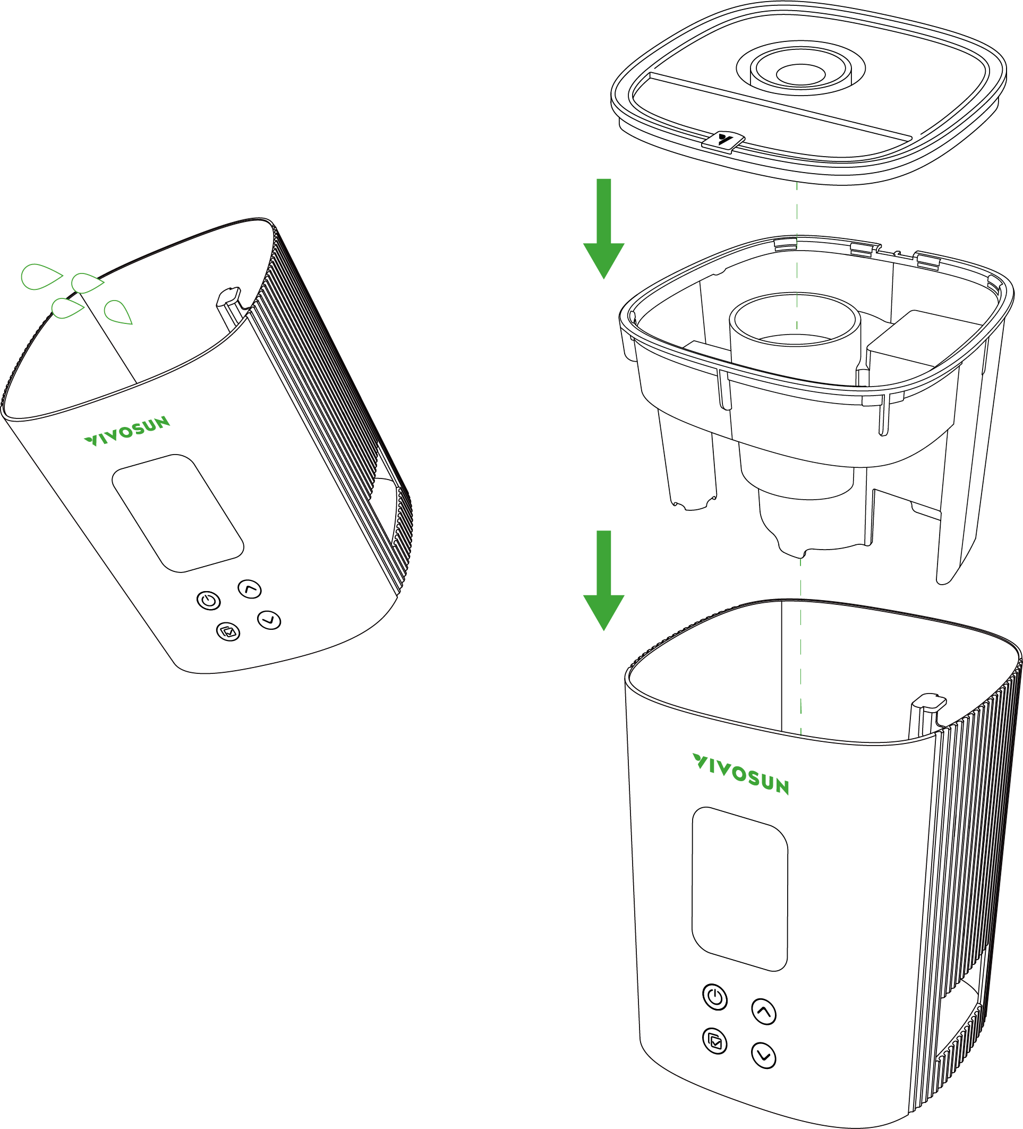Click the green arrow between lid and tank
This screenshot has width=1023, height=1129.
tap(603, 228)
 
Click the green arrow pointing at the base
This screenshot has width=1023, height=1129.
tap(603, 580)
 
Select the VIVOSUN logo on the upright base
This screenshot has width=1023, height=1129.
tap(740, 774)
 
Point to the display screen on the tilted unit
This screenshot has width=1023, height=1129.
tap(177, 513)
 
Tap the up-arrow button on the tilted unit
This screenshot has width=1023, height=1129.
tap(250, 589)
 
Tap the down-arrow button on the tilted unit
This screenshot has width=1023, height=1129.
tap(269, 620)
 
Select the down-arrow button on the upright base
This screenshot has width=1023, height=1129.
tap(764, 1056)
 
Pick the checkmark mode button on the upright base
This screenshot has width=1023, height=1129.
tap(715, 1041)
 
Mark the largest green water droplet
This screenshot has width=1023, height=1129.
tap(41, 276)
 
